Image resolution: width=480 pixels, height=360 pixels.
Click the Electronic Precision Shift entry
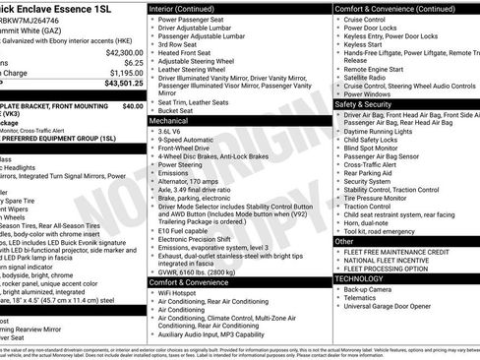point(203,239)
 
